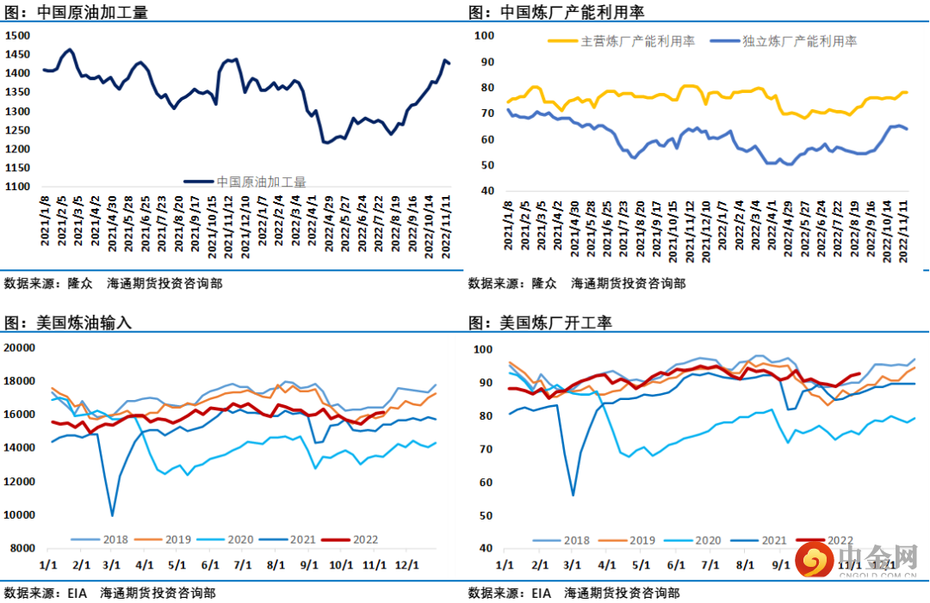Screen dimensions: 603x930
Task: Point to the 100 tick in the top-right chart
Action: [x=484, y=35]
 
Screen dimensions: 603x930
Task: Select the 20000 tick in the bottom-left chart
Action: [x=19, y=348]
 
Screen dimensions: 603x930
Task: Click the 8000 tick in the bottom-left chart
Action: [x=22, y=548]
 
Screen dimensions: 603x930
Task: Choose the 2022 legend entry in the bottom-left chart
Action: [x=365, y=540]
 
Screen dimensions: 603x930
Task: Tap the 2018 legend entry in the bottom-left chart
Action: [x=115, y=540]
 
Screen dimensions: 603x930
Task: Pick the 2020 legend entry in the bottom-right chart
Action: [x=707, y=541]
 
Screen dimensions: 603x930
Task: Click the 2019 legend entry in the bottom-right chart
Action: [x=642, y=541]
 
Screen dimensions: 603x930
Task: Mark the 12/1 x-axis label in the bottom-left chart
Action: [x=406, y=565]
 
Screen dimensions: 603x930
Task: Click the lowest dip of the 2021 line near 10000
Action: [x=113, y=515]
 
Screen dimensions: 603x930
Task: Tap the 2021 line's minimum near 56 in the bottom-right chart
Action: [x=573, y=495]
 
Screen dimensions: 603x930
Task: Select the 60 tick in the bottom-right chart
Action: [x=485, y=483]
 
